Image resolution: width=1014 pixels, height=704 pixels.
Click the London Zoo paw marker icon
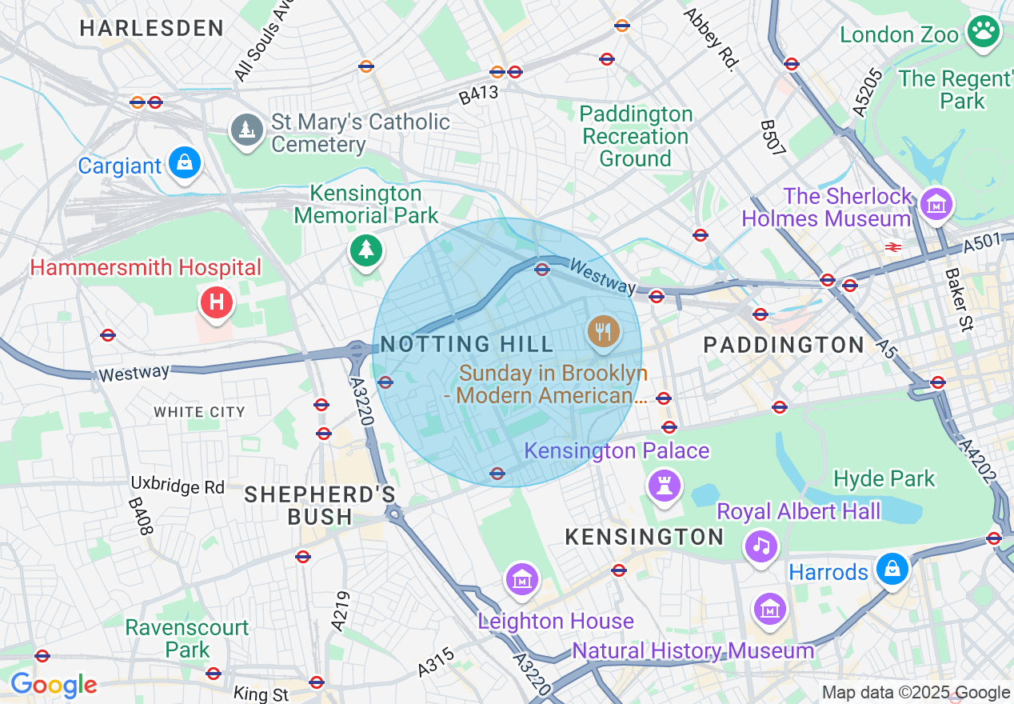tap(983, 32)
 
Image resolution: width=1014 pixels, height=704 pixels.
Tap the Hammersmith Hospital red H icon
tap(215, 302)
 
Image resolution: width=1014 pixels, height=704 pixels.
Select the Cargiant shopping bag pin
tap(185, 163)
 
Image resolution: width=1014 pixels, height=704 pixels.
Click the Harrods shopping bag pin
tap(892, 569)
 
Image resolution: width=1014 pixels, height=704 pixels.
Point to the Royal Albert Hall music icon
tap(761, 546)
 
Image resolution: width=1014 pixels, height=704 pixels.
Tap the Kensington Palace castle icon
tap(664, 484)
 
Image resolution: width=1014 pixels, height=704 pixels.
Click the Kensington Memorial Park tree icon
tap(366, 250)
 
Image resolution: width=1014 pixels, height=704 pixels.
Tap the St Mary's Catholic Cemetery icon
tap(248, 130)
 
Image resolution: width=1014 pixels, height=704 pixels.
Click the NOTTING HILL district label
tap(467, 345)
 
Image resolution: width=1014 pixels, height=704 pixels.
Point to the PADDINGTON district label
tap(784, 345)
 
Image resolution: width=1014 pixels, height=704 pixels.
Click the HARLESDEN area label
tap(152, 28)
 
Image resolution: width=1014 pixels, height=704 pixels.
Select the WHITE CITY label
tap(199, 412)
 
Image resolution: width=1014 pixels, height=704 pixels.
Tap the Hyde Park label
tap(884, 478)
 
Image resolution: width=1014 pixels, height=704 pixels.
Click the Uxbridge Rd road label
tap(178, 486)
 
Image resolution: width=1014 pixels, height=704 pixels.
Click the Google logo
tap(54, 685)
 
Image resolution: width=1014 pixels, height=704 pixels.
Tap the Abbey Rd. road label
tap(709, 41)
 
